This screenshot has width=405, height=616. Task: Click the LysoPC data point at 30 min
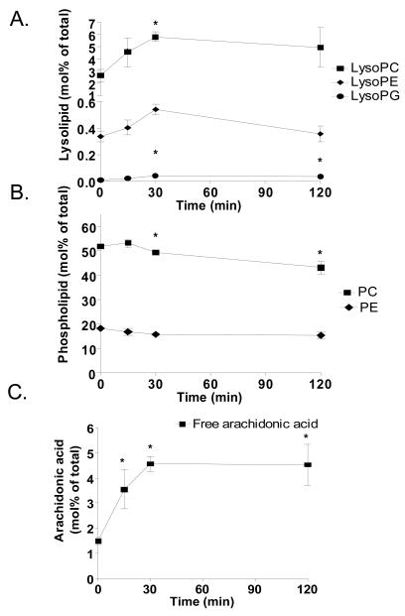pyautogui.click(x=155, y=38)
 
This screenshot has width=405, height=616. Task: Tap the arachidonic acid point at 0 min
pyautogui.click(x=99, y=541)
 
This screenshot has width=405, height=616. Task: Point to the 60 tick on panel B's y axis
pyautogui.click(x=88, y=226)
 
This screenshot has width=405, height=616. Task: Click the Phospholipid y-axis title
pyautogui.click(x=62, y=293)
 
